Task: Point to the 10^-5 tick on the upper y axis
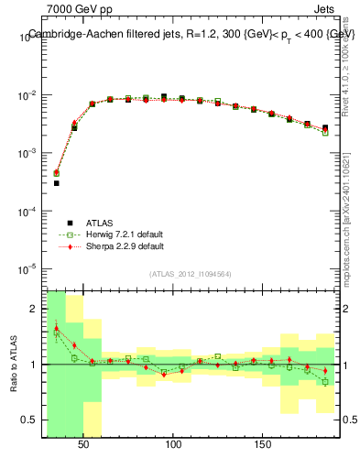coord(27,269)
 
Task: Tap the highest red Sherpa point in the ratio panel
coord(56,328)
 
